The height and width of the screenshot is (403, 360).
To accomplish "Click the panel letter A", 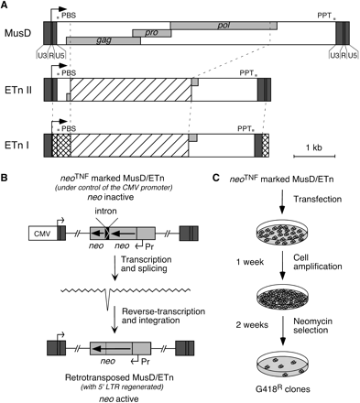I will (x=6, y=6).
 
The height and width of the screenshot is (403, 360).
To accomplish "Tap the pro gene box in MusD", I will (x=150, y=32).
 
